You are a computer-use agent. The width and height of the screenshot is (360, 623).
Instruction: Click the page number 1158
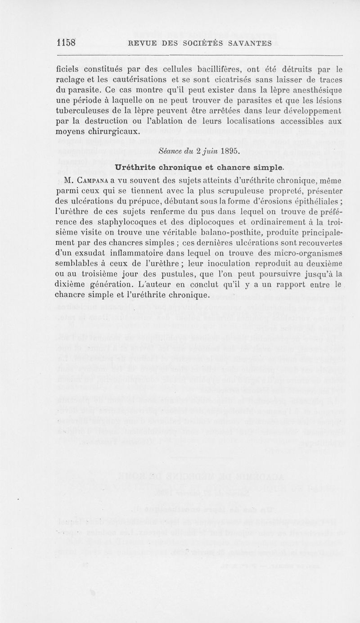66,43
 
